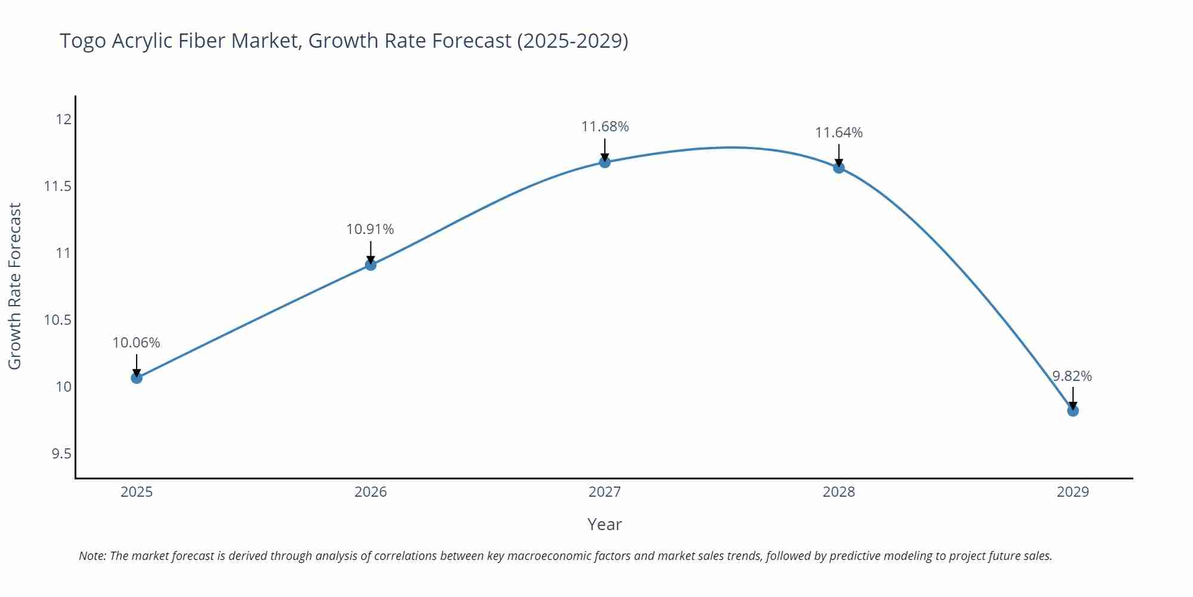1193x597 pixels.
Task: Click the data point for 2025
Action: [x=137, y=378]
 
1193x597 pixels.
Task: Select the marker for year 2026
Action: [x=370, y=264]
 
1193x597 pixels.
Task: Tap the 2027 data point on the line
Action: [x=605, y=162]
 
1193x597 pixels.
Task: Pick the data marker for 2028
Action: [x=839, y=168]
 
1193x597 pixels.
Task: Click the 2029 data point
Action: [x=1073, y=411]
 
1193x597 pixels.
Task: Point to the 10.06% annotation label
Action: [x=137, y=343]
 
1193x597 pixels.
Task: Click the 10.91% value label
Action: [x=370, y=229]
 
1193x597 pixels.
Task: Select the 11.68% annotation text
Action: [x=605, y=127]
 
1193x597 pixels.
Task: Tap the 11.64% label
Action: [x=839, y=133]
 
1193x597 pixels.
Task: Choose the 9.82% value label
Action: [x=1072, y=376]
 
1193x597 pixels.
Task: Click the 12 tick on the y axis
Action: [x=63, y=119]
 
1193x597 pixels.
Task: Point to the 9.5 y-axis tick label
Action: [x=61, y=454]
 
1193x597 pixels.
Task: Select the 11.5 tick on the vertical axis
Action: [x=57, y=186]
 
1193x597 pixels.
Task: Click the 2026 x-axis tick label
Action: [x=370, y=492]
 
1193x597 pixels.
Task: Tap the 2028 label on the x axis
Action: [x=839, y=492]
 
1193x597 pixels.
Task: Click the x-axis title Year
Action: [x=604, y=524]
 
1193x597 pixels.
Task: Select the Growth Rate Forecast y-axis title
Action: [x=15, y=286]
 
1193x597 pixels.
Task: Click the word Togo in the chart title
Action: [x=83, y=41]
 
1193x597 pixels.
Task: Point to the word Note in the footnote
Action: [x=92, y=556]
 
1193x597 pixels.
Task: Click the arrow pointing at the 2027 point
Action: [x=605, y=149]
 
